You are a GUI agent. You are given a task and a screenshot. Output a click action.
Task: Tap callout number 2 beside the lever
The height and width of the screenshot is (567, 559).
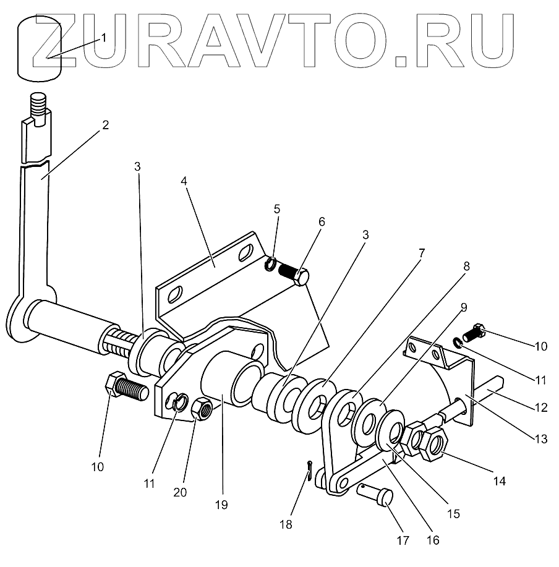point(106,124)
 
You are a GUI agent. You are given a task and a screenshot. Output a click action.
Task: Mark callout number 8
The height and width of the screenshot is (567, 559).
point(466,266)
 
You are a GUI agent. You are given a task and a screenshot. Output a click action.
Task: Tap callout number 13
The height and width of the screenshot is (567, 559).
point(541,439)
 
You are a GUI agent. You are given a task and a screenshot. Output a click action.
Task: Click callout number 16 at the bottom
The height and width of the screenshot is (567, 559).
point(433,540)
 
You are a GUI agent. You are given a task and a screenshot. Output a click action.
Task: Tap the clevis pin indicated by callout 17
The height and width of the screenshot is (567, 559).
point(378,494)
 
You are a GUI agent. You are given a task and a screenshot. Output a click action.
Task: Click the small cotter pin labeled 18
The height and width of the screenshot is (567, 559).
point(309,472)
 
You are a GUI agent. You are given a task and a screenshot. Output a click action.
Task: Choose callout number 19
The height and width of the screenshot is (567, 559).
point(221,505)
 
